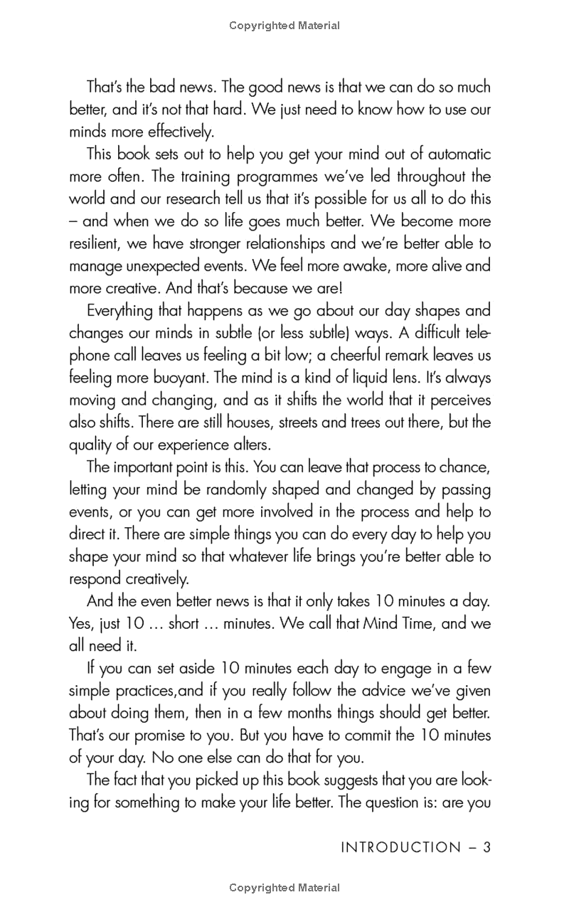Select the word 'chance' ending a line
click(x=467, y=467)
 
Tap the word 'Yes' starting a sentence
click(x=80, y=624)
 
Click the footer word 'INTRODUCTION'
click(x=401, y=847)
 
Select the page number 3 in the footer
click(x=487, y=847)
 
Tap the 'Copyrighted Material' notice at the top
click(x=284, y=26)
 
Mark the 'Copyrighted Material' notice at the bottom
click(x=284, y=888)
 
